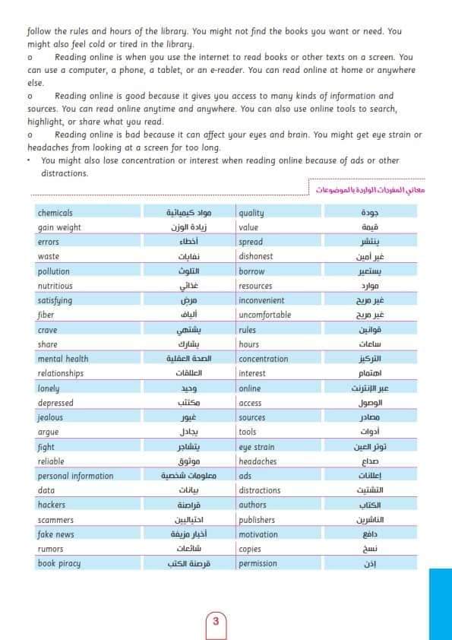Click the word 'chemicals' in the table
[55, 213]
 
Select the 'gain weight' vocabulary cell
[59, 227]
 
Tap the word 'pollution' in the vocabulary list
[53, 271]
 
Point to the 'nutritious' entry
[55, 286]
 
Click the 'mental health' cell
[63, 359]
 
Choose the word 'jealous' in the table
[50, 417]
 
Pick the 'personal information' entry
[75, 476]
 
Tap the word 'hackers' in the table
[52, 505]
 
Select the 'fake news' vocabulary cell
[56, 534]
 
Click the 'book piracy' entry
[59, 563]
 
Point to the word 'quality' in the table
[251, 213]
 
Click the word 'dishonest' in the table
[256, 257]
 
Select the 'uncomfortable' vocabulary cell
[264, 315]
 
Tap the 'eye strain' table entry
[257, 447]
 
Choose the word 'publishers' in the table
[257, 520]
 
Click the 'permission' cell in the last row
[258, 563]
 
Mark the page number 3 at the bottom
[216, 621]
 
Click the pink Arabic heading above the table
[371, 189]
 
